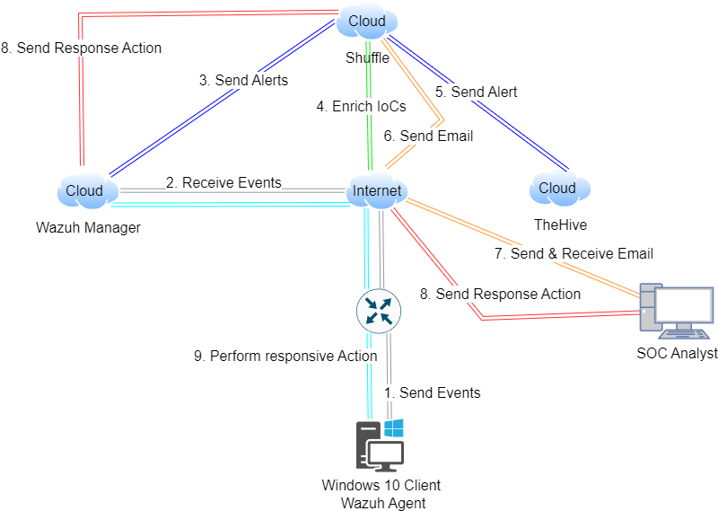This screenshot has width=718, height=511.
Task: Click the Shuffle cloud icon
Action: [367, 22]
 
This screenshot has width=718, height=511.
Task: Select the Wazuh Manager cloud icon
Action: [85, 190]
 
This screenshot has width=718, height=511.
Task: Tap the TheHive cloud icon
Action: [557, 189]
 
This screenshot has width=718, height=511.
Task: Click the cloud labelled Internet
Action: [377, 190]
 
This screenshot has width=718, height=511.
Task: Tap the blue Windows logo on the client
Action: [394, 428]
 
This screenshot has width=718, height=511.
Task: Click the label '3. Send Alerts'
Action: [243, 80]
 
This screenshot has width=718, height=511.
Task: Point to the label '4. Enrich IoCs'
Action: [361, 106]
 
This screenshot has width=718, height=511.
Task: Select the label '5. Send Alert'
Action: [476, 92]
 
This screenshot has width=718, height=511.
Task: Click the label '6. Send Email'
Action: [428, 136]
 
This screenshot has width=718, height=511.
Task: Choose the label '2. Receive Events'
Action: [223, 182]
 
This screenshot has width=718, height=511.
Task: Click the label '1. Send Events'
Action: [433, 392]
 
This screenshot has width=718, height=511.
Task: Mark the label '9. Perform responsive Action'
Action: [285, 356]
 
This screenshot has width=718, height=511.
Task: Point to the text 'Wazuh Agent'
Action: [383, 502]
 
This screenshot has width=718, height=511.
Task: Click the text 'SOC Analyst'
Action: [677, 353]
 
